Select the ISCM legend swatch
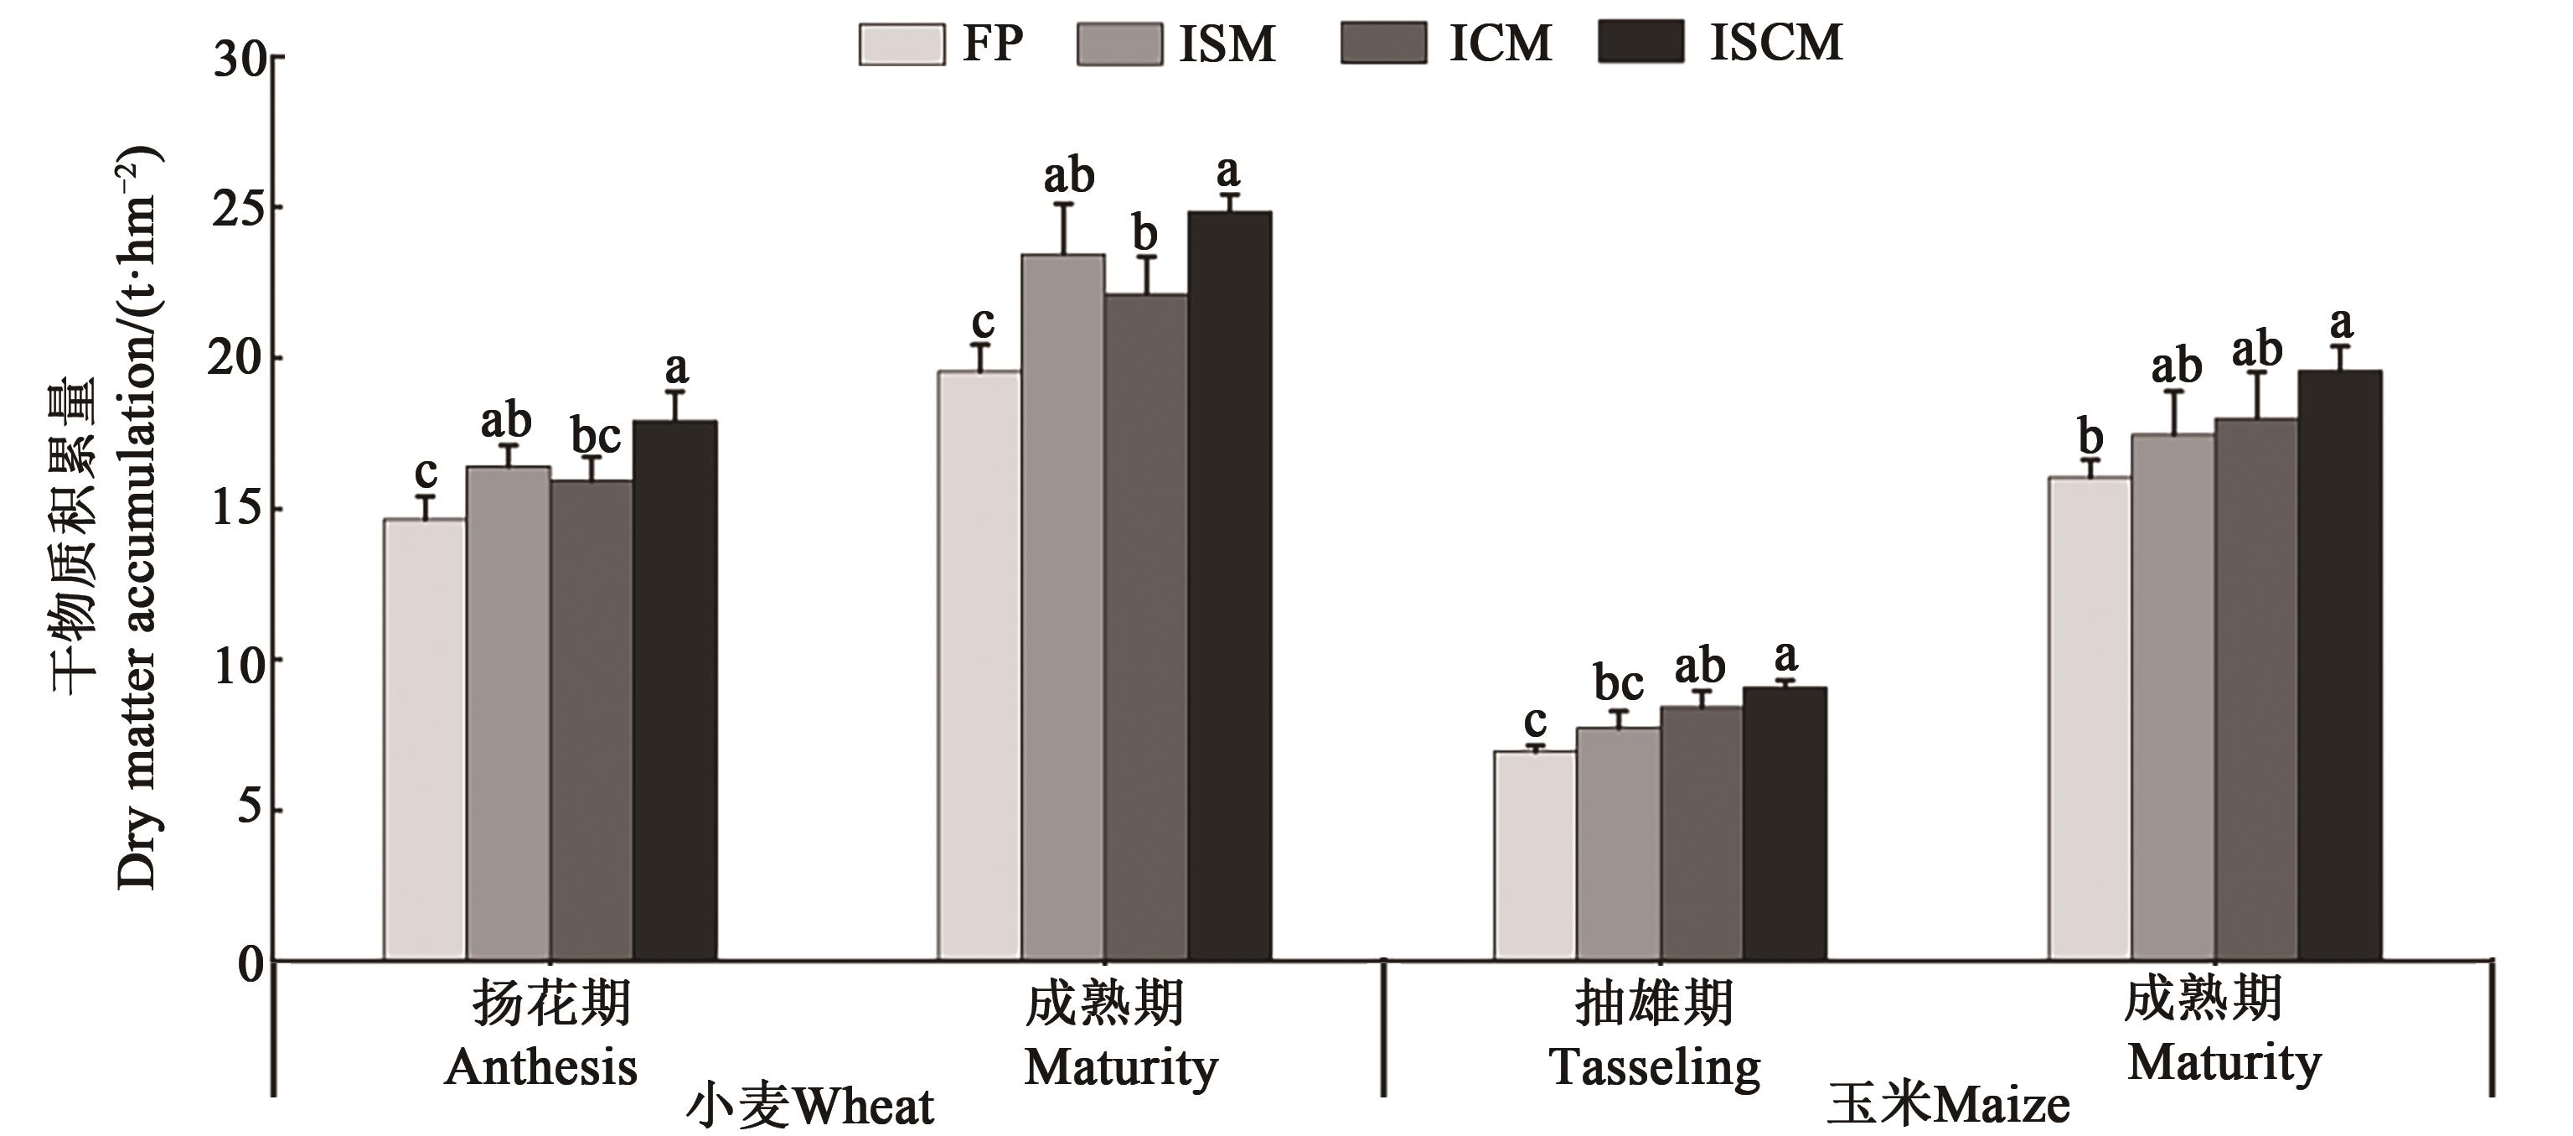[1640, 43]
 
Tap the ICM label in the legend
[1501, 44]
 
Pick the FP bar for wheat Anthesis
[425, 739]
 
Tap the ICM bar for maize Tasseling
[1702, 833]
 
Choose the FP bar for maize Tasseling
[1535, 855]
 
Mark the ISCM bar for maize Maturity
[2340, 666]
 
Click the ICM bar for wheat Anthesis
[592, 719]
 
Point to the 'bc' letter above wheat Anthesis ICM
[597, 437]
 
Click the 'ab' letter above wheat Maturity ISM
[1069, 177]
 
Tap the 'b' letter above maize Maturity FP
[2090, 438]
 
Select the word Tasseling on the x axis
[1655, 1068]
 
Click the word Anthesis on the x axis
[540, 1067]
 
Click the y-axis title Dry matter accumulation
[137, 520]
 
